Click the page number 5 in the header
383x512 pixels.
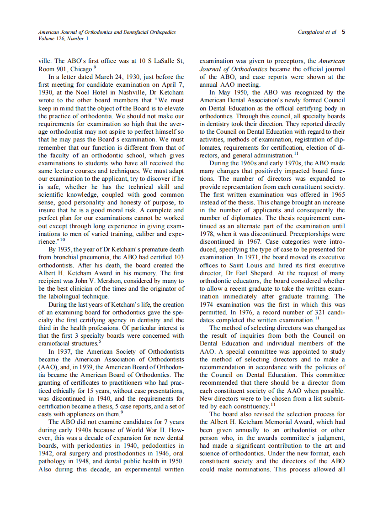343,32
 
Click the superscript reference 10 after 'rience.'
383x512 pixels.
63,239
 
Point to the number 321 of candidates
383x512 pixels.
312,313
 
